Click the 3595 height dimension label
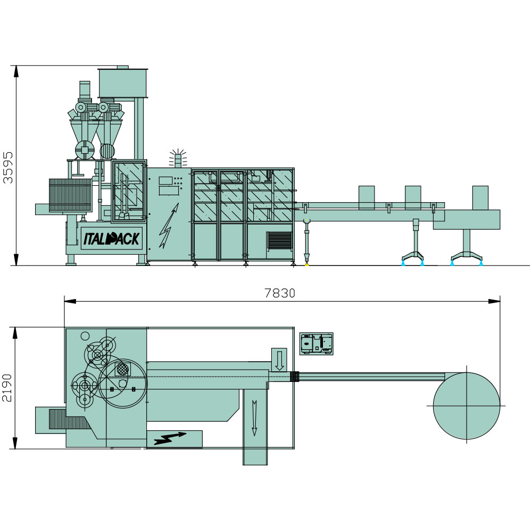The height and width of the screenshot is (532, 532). tap(7, 168)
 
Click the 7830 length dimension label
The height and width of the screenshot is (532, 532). tap(280, 293)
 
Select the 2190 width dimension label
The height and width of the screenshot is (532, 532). tap(7, 388)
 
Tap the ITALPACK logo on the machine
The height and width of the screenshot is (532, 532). tap(111, 238)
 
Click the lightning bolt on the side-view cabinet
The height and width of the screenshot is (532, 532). tap(169, 226)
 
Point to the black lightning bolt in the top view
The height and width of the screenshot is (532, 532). tap(170, 438)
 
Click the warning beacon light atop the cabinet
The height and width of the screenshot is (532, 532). tap(178, 158)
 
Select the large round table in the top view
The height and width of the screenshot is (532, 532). tap(467, 406)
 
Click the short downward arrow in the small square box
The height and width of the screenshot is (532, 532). tap(279, 361)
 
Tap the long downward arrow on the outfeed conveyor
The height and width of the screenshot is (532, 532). tap(254, 418)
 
